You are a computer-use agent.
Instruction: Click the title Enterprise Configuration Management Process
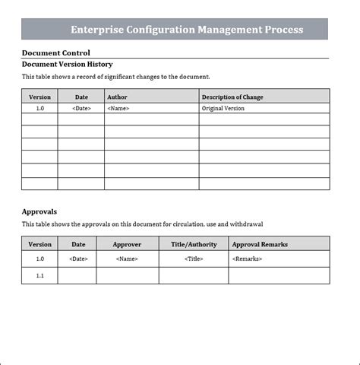point(186,30)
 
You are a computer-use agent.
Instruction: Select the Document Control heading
point(55,52)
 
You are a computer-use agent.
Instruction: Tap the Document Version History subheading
point(67,65)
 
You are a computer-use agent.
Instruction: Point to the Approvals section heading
point(39,211)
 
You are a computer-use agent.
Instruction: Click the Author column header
point(117,97)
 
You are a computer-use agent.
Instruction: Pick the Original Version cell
point(223,109)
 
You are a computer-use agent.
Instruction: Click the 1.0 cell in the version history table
point(39,109)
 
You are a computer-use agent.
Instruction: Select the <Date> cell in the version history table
point(81,109)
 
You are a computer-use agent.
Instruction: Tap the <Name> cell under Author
point(118,109)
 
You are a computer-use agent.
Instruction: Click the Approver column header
point(127,244)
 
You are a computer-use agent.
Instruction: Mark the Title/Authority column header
point(194,244)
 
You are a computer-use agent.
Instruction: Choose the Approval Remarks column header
point(260,244)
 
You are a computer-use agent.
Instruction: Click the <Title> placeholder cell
point(194,259)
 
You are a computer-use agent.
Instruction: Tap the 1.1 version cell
point(39,275)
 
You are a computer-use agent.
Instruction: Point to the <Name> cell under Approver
point(127,259)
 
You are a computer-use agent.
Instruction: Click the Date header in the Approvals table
point(78,244)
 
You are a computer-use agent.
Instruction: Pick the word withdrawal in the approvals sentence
point(248,224)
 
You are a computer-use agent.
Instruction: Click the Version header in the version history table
point(39,97)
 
